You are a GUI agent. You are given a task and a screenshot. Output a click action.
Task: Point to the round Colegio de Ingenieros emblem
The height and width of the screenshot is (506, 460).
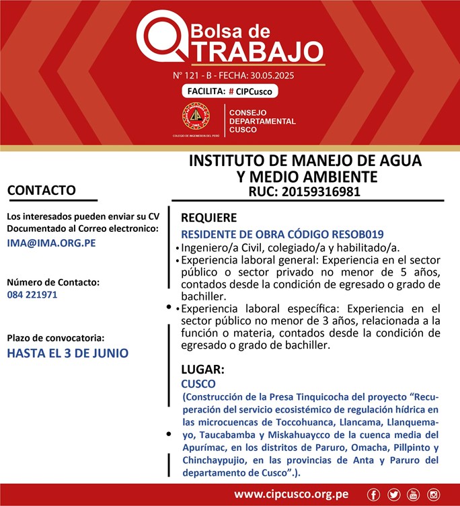195,117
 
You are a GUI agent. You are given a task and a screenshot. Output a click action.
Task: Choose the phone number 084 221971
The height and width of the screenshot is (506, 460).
32,294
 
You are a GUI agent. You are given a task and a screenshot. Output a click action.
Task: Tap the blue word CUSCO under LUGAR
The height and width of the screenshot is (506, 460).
198,384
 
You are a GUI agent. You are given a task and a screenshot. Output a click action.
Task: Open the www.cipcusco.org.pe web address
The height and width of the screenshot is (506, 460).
291,495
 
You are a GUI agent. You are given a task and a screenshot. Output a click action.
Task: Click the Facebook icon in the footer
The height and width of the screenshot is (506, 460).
373,495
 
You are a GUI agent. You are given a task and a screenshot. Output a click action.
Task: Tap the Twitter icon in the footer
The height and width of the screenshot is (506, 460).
393,495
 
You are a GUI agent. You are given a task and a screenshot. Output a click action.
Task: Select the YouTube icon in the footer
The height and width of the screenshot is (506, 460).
414,495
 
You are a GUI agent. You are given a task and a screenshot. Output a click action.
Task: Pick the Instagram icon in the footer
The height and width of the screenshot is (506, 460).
434,495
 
